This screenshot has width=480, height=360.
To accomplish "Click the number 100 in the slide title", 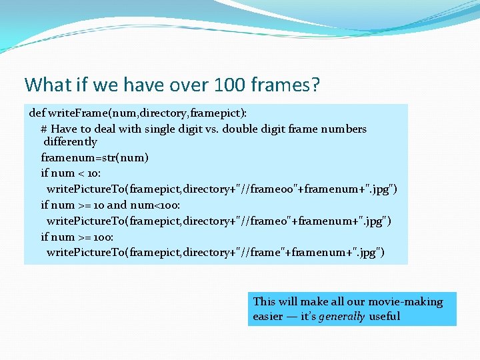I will tap(229, 85).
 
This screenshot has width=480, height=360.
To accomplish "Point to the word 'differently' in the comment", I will tap(70, 142).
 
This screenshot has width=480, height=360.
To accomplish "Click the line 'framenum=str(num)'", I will tap(95, 158).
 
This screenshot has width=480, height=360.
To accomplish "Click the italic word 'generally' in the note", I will tap(341, 317).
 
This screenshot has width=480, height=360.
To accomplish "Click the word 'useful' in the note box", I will tap(384, 317).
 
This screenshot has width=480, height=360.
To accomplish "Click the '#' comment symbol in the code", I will tap(44, 129).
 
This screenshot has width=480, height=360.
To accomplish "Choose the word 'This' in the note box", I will tap(264, 301).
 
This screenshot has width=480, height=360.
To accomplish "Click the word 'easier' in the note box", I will tap(268, 317).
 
